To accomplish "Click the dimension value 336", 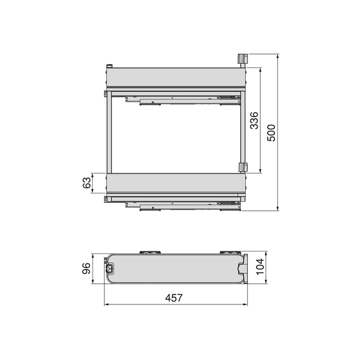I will tap(254, 120).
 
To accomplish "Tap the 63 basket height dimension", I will tap(87, 183).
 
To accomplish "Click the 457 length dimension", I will tap(174, 298).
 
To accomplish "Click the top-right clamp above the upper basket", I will tap(242, 59).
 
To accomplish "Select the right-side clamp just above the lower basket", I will tap(243, 168).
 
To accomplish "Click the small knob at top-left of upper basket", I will tap(109, 66).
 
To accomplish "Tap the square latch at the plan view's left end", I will tap(110, 268).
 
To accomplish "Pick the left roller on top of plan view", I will tap(150, 252).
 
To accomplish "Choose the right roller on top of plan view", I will tap(227, 252).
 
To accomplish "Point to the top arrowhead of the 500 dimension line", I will tap(278, 56).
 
